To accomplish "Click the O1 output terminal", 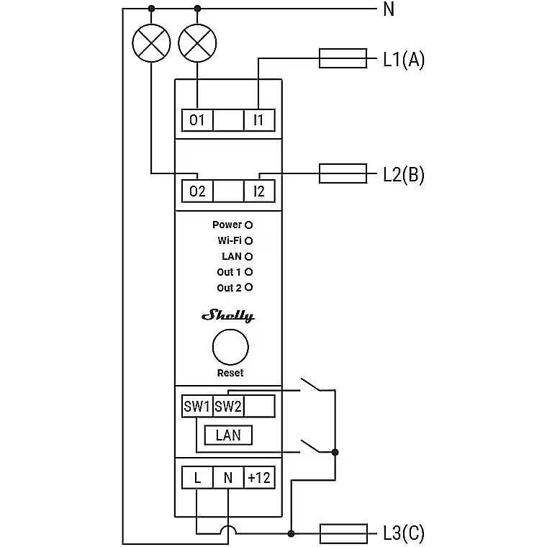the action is pos(197,120).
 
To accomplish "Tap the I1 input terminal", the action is pos(259,120).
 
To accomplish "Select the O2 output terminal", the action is pos(197,191).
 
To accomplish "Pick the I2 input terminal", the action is pos(259,191).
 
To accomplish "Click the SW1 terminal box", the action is pos(197,406).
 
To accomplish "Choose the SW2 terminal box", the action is pos(228,406).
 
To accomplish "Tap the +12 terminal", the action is pos(259,478).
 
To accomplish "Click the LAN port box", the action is pos(228,435).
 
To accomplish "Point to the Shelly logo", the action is pos(228,316).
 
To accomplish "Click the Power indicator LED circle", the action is pos(249,225).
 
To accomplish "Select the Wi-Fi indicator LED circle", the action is pos(249,240).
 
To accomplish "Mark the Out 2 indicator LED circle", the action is pos(249,287).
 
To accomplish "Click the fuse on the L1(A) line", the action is pos(343,58).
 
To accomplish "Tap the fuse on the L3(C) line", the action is pos(343,533).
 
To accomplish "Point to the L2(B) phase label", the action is pos(404,174).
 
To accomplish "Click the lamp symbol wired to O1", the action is pos(197,43).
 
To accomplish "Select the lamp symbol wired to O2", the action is pos(151,43).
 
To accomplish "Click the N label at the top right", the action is pos(389,9).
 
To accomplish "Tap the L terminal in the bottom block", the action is pos(197,478).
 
